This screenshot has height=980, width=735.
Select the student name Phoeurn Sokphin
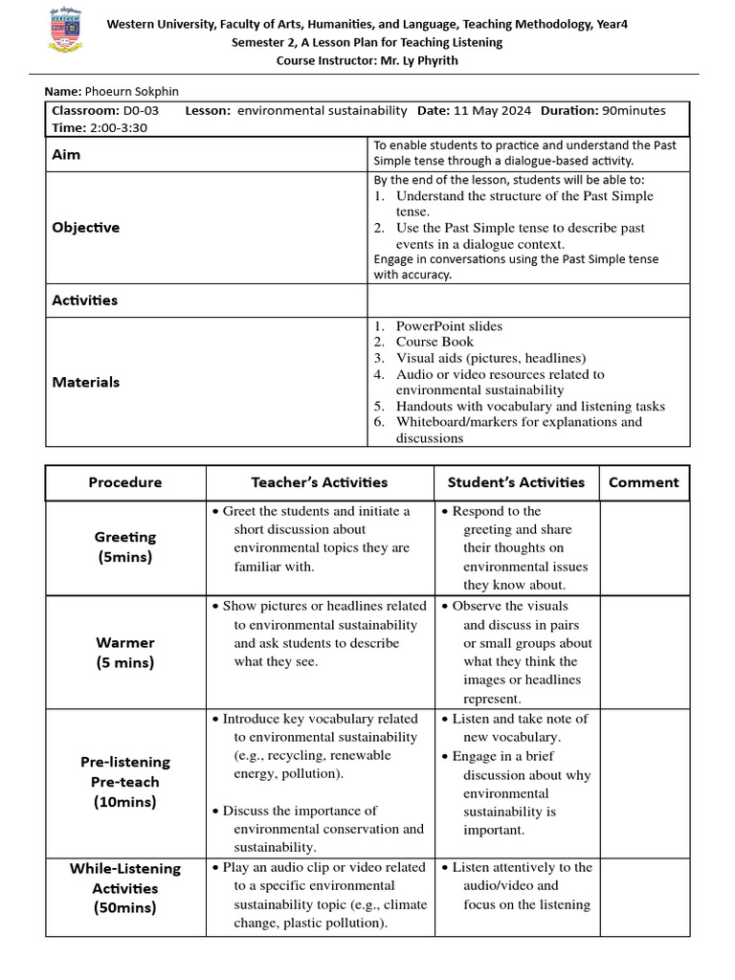(129, 91)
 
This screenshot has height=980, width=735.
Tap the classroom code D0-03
(142, 111)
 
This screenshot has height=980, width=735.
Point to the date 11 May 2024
(488, 111)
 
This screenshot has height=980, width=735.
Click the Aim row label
(66, 154)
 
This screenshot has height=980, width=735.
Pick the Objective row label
(86, 228)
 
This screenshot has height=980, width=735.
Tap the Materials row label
(86, 382)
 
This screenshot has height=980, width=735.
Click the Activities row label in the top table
(85, 301)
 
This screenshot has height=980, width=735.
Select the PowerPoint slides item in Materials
(449, 326)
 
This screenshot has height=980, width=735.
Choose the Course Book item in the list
(434, 342)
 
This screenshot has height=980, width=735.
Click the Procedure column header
(125, 482)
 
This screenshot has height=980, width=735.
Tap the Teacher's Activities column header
(320, 482)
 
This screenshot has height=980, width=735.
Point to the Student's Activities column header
(517, 482)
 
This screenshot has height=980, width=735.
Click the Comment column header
(644, 482)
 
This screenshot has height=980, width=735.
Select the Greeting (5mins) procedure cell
(125, 547)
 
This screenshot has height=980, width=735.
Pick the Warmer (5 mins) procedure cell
(125, 653)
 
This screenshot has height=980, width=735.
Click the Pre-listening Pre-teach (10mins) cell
(125, 782)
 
